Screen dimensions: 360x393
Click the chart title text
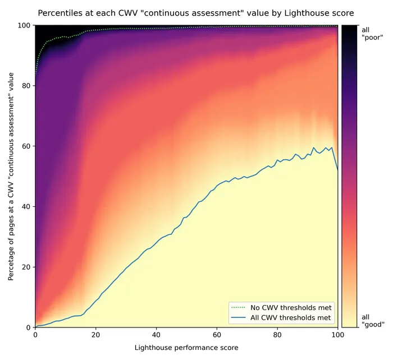[x=196, y=12]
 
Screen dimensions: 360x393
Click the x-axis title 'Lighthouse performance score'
[x=186, y=348]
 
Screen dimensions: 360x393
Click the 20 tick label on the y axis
[x=25, y=267]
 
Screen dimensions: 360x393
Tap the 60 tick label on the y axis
[x=25, y=146]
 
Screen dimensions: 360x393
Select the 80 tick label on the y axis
[x=25, y=86]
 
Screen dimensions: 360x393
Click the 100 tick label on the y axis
[x=24, y=25]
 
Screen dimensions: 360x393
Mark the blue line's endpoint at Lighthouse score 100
[x=337, y=169]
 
